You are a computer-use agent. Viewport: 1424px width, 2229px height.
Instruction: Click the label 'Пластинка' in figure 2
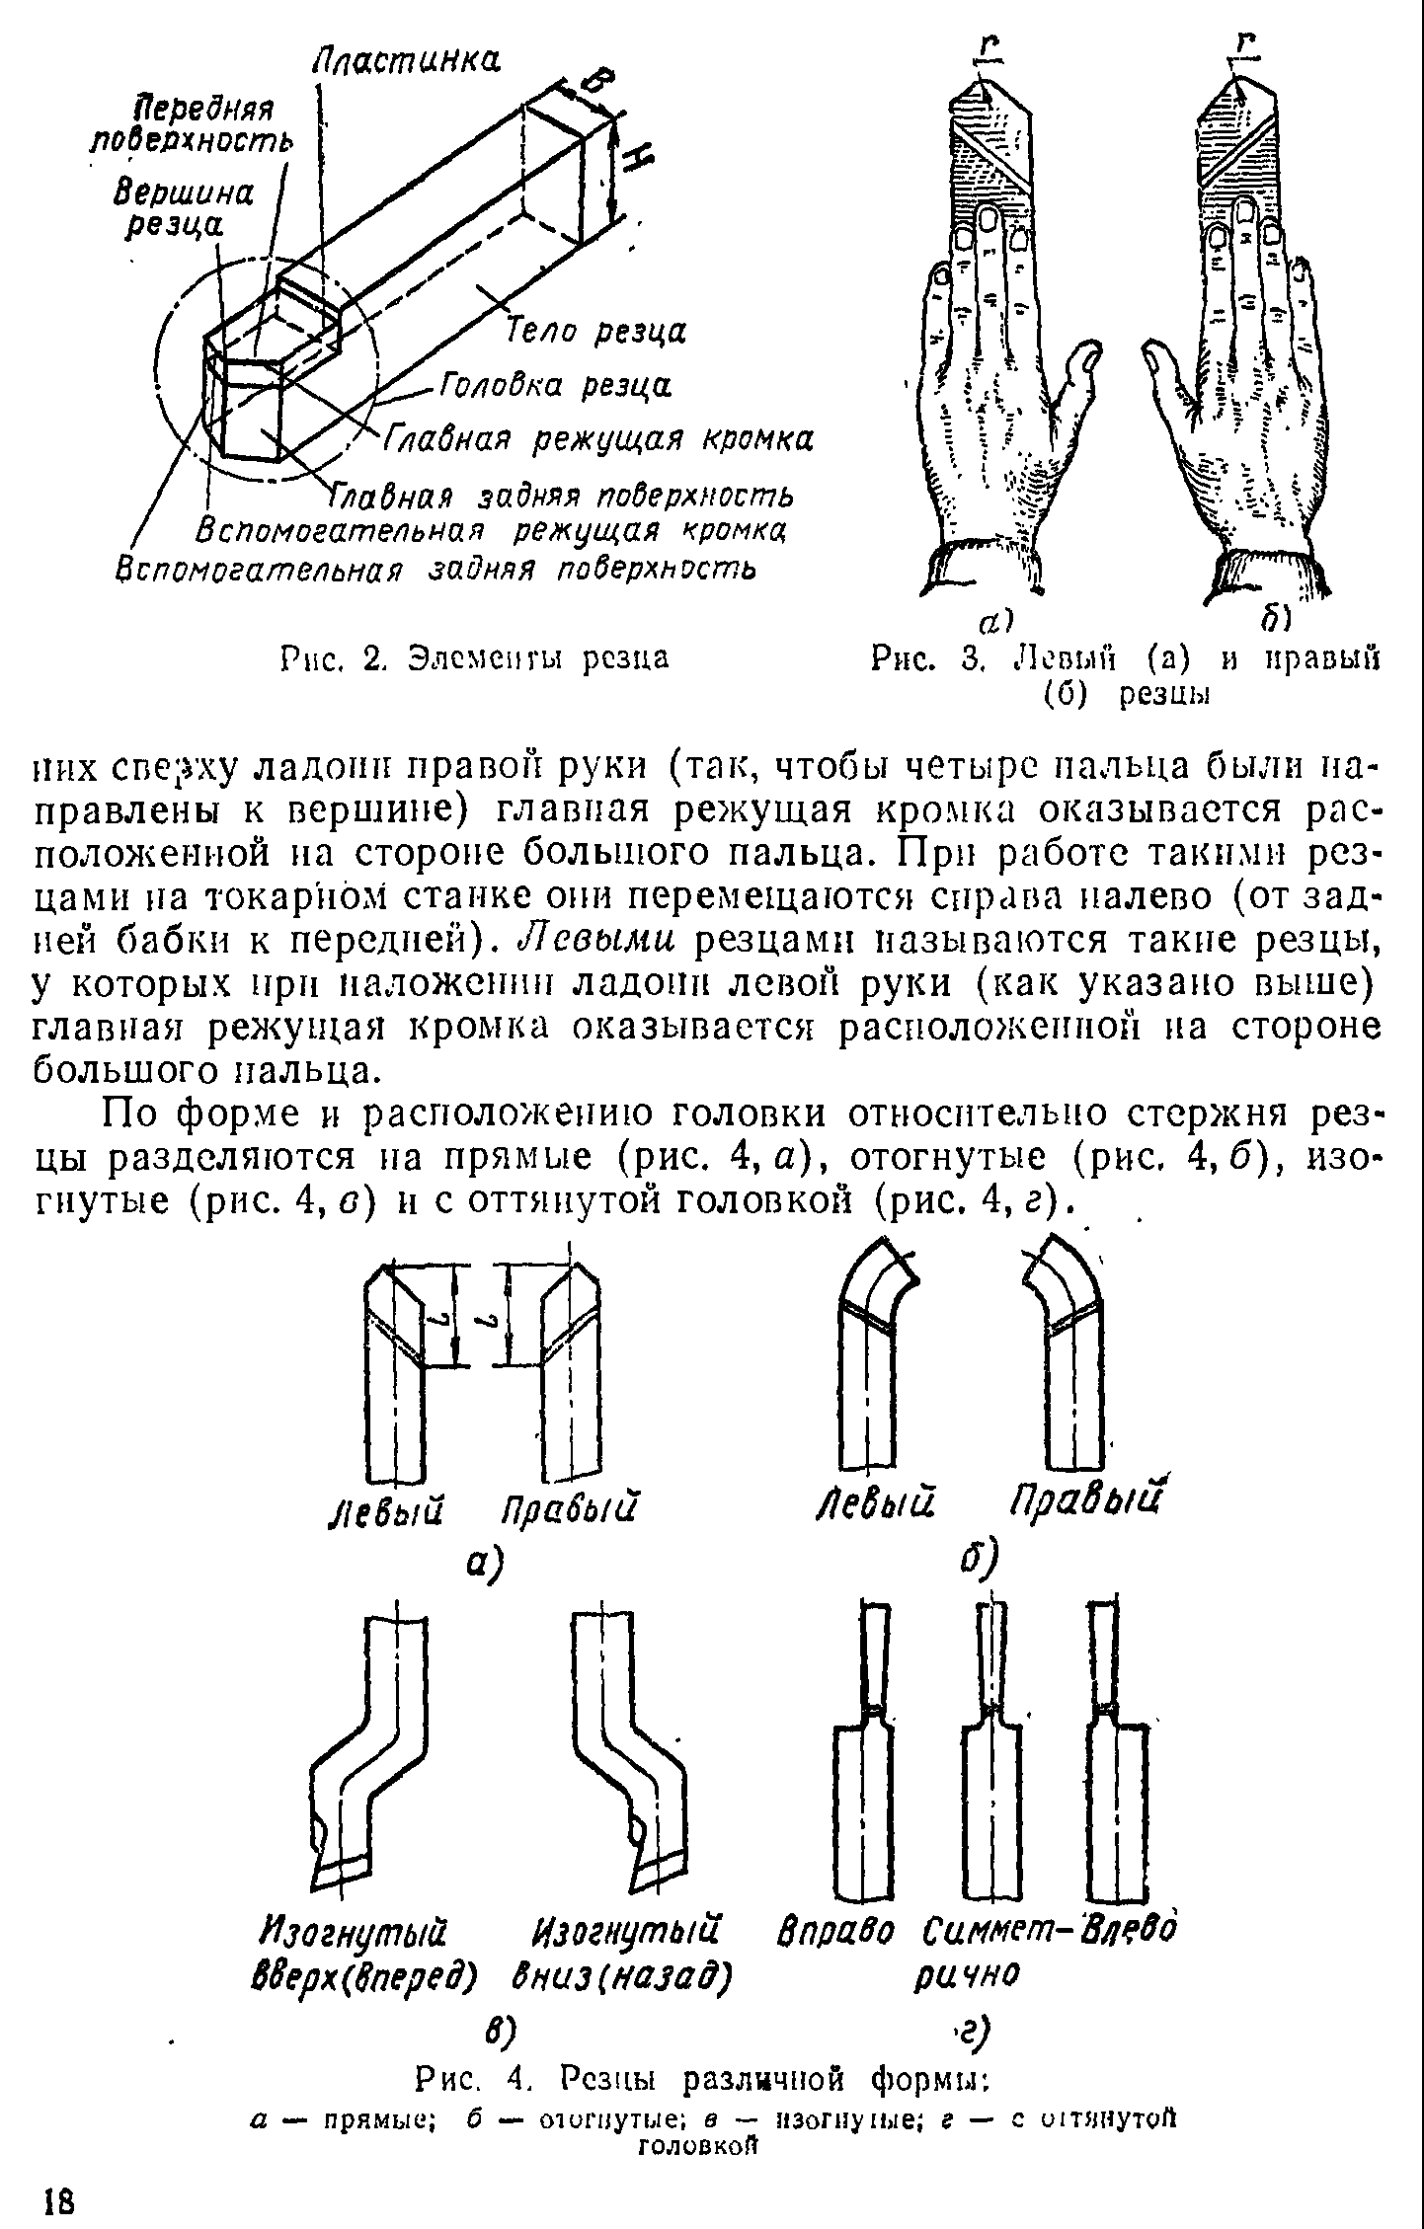[406, 61]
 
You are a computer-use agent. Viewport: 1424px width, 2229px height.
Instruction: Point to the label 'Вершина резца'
[183, 208]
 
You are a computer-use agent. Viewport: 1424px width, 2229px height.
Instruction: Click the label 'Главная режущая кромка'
[598, 438]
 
